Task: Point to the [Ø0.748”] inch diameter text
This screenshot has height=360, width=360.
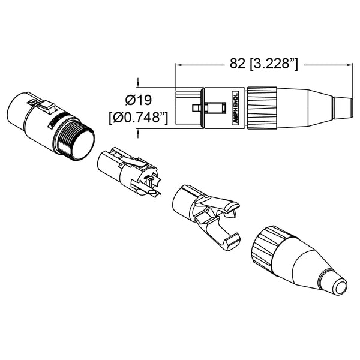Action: tap(138, 118)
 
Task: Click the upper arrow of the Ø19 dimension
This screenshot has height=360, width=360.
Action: tap(139, 84)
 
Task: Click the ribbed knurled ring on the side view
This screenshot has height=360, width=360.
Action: tap(264, 107)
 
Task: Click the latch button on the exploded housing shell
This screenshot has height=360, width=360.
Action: tap(47, 108)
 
